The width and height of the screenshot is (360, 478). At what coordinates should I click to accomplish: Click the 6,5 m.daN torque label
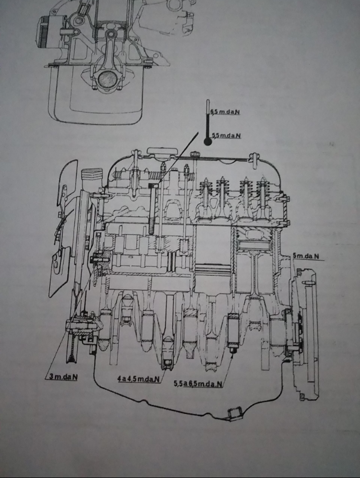coord(225,112)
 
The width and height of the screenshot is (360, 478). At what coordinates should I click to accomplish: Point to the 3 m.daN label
coord(63,376)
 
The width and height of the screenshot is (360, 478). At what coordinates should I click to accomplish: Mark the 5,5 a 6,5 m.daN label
coord(198,384)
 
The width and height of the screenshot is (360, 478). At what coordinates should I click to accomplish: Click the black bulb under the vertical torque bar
coord(207,141)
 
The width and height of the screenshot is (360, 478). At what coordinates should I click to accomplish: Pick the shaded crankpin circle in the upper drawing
coord(106,78)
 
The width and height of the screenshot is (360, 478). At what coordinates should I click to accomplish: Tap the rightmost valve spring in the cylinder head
coord(263,195)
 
